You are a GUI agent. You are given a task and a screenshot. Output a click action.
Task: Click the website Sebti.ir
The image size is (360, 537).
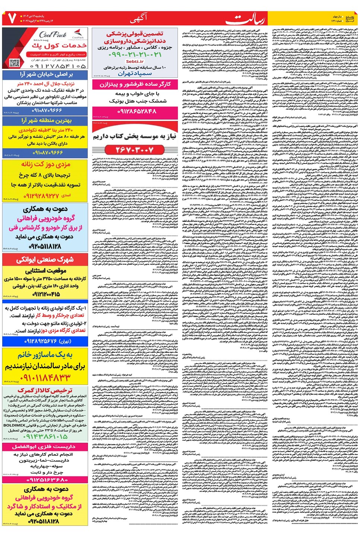[135, 62]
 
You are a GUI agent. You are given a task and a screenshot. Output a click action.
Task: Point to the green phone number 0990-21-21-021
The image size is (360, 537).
[135, 55]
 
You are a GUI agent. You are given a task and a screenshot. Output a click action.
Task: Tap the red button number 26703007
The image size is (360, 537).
[135, 150]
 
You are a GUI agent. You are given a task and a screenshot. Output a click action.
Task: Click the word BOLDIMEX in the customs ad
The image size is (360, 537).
[15, 425]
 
